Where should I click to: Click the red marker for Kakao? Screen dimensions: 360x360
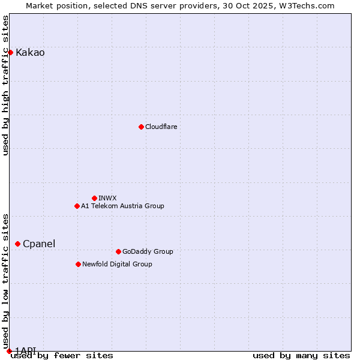(10, 53)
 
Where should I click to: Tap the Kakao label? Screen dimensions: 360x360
(30, 53)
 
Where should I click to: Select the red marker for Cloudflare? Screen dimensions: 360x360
(141, 127)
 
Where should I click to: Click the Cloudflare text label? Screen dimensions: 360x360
(161, 127)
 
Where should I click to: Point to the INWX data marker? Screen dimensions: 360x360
(94, 198)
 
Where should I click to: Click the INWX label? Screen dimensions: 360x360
(107, 198)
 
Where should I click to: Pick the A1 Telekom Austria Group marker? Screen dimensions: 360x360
(77, 206)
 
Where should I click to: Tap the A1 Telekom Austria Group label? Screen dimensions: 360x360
(122, 206)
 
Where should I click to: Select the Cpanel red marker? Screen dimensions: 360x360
(17, 244)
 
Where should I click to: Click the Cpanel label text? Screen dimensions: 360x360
(39, 244)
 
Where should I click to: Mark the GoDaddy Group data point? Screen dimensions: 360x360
(118, 251)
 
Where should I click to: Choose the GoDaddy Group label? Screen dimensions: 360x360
(148, 251)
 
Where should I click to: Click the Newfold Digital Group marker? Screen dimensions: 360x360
(78, 264)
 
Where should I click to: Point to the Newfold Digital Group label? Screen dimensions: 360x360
(117, 264)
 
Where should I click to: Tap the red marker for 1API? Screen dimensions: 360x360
(9, 351)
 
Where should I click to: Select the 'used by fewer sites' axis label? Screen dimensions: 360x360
(62, 355)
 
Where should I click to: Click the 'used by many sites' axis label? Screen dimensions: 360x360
(301, 355)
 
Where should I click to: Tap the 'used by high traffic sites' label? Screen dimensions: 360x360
(5, 85)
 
